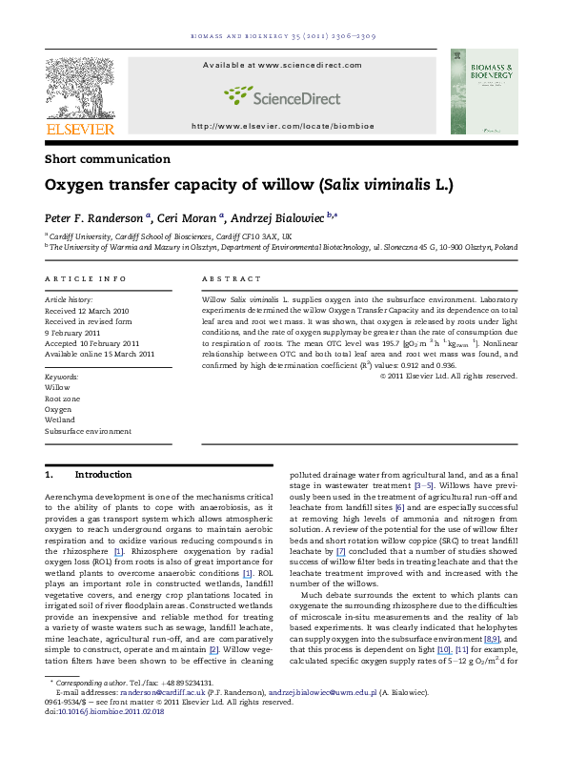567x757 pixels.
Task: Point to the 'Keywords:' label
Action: pos(63,378)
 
